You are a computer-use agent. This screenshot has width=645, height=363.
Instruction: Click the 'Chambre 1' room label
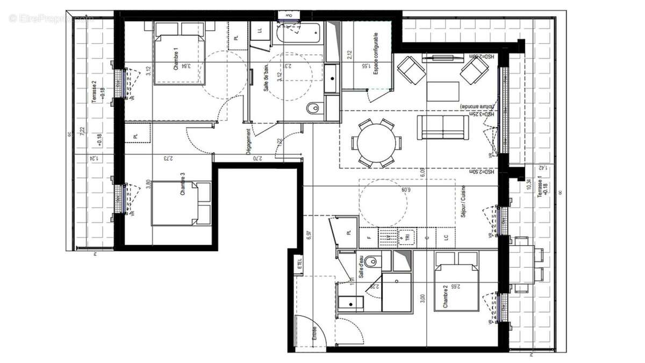(176, 59)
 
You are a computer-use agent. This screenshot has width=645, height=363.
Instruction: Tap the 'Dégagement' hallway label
(248, 142)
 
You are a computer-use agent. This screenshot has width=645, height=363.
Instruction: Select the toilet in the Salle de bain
(313, 109)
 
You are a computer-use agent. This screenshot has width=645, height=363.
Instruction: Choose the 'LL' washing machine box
(260, 31)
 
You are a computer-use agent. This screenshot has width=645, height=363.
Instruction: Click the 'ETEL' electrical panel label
(299, 264)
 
